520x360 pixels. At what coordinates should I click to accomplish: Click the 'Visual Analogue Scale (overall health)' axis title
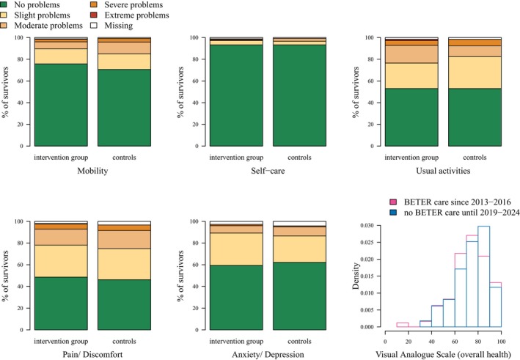(442, 353)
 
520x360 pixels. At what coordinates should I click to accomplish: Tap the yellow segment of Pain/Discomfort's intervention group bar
(60, 261)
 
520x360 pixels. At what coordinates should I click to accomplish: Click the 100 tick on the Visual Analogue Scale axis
(500, 340)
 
